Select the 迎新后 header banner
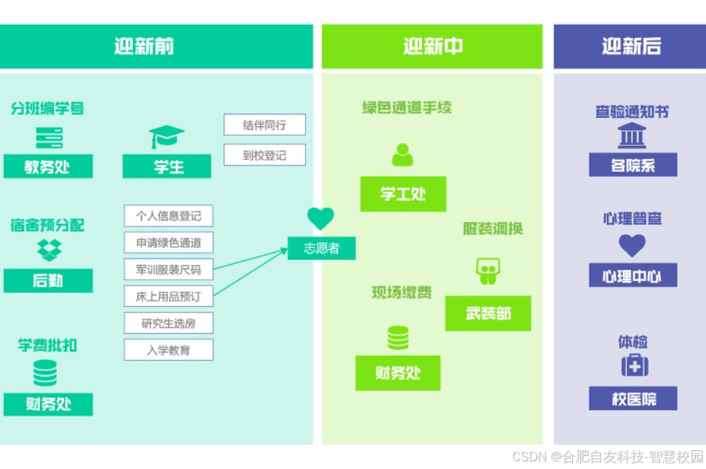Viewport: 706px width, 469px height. click(x=631, y=46)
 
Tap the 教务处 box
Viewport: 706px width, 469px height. click(x=48, y=166)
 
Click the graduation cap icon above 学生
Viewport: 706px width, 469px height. click(x=167, y=137)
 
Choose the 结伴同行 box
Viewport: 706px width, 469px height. click(x=264, y=125)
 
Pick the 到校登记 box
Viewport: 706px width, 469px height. click(x=264, y=155)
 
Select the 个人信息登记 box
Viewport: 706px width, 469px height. click(x=168, y=216)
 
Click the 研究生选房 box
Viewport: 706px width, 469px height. click(x=168, y=323)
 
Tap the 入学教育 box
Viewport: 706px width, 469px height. click(x=168, y=350)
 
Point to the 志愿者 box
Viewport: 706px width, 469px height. click(x=321, y=248)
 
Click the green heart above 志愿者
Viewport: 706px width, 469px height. click(x=321, y=219)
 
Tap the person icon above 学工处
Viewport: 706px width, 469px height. click(x=403, y=154)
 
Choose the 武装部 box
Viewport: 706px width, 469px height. click(x=488, y=314)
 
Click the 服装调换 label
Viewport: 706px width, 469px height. click(x=492, y=229)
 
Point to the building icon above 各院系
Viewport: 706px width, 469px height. click(x=632, y=136)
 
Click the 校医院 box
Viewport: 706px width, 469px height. click(x=633, y=399)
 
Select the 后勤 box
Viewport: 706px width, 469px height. click(x=48, y=281)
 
